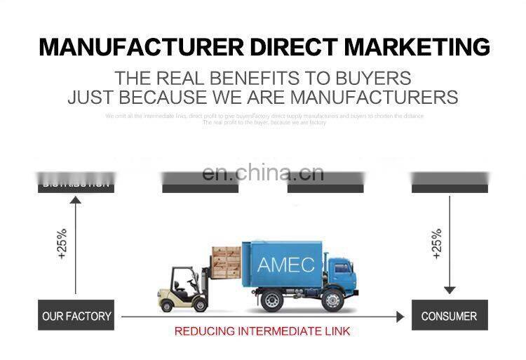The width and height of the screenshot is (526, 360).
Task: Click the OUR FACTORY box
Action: click(76, 316)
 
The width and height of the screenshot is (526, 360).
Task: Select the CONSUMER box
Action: click(449, 316)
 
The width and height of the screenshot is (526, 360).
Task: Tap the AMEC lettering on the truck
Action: click(285, 265)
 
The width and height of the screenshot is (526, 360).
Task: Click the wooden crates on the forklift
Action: click(226, 261)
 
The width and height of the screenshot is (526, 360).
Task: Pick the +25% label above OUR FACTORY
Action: click(62, 244)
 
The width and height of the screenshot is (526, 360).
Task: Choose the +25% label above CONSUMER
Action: click(436, 244)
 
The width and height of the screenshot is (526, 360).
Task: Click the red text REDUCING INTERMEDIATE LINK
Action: click(262, 331)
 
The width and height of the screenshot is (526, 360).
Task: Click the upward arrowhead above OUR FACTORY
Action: click(76, 201)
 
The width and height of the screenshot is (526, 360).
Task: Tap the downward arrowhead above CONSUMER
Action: click(450, 290)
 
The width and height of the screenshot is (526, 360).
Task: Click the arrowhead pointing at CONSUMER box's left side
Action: click(400, 316)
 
